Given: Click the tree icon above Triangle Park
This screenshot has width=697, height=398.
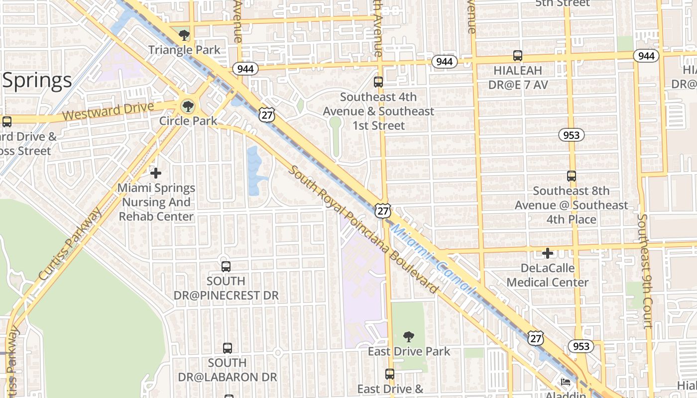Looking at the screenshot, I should pos(184,35).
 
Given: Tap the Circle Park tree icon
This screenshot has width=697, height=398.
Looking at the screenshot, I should pos(188,106).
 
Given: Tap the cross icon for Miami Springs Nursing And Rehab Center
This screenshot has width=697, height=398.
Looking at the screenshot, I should pos(156,173).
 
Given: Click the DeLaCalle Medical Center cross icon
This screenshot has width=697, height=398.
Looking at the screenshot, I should pos(548,254).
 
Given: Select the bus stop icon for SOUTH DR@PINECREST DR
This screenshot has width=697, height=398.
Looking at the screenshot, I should pos(226,267).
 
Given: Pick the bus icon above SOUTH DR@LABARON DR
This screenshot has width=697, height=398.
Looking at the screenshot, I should pos(228,348).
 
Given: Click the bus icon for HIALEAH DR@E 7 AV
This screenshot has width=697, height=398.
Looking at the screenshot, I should pos(518,56).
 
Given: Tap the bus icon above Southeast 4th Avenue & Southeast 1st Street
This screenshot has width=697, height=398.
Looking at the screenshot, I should pos(378,82).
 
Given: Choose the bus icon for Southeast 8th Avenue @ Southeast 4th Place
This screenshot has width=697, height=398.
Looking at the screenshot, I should pos(572,176).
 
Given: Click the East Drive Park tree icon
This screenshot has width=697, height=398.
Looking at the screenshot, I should pos(409,337).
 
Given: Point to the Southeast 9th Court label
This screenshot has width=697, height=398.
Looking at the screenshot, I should pos(644,271).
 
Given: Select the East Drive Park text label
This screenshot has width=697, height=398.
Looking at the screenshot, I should pos(409,352).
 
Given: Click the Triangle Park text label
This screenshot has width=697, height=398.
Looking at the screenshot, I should pos(184,50).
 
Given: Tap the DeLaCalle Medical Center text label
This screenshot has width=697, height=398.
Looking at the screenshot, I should pos(548,275).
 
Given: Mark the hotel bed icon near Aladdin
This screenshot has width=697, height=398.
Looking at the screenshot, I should pos(566,382).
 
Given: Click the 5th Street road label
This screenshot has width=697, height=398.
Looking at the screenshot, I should pos(563,3).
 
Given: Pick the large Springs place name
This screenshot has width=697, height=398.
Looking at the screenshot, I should pos(37,80).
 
